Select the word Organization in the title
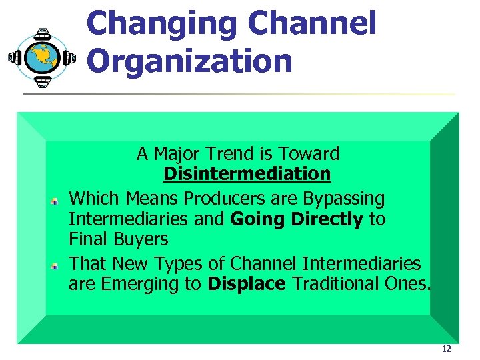(x=189, y=61)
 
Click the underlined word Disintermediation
(x=247, y=175)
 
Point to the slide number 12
(x=446, y=349)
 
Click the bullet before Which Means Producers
(x=57, y=199)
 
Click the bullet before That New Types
(x=57, y=265)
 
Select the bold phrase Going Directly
(x=297, y=219)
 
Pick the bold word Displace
(x=247, y=283)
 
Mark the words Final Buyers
(x=119, y=239)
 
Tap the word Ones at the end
(x=407, y=283)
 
